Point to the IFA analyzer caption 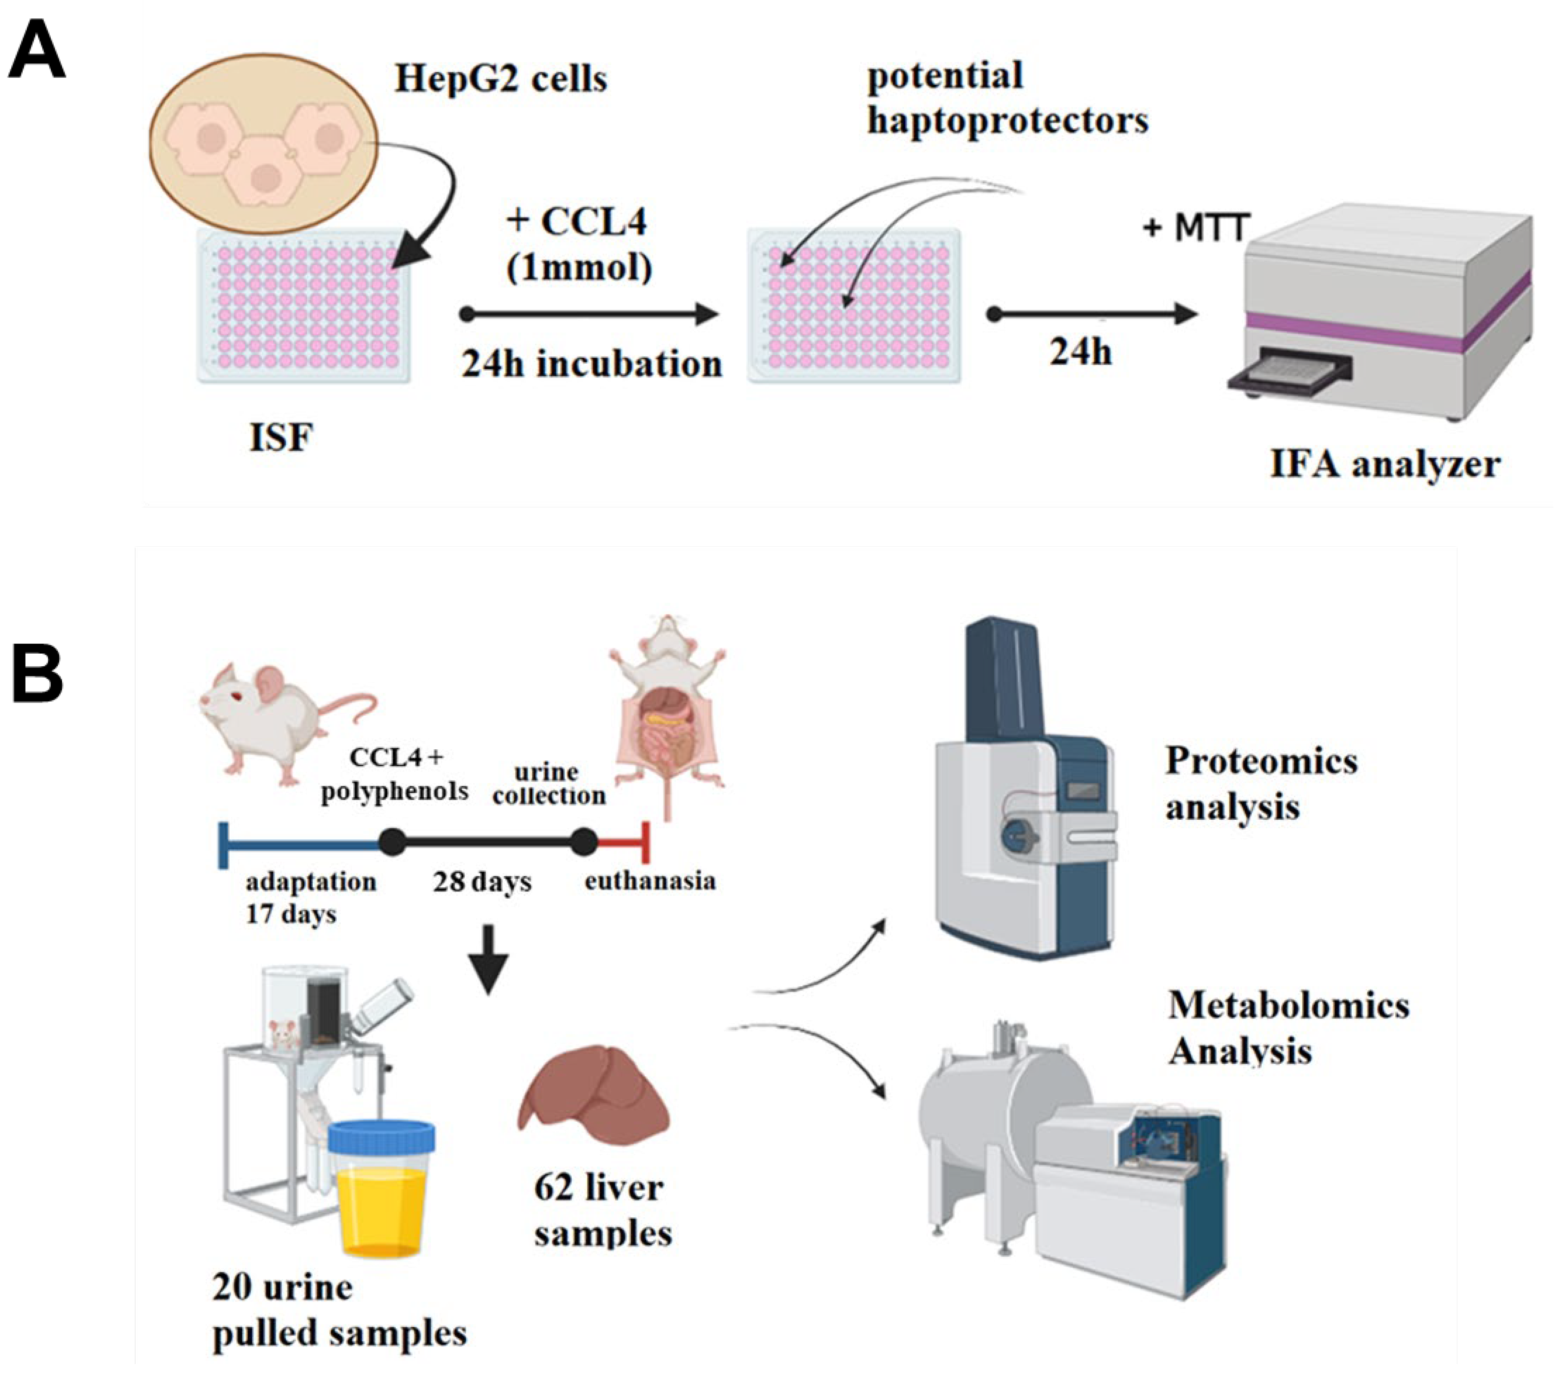1384,464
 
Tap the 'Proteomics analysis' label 1261,783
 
